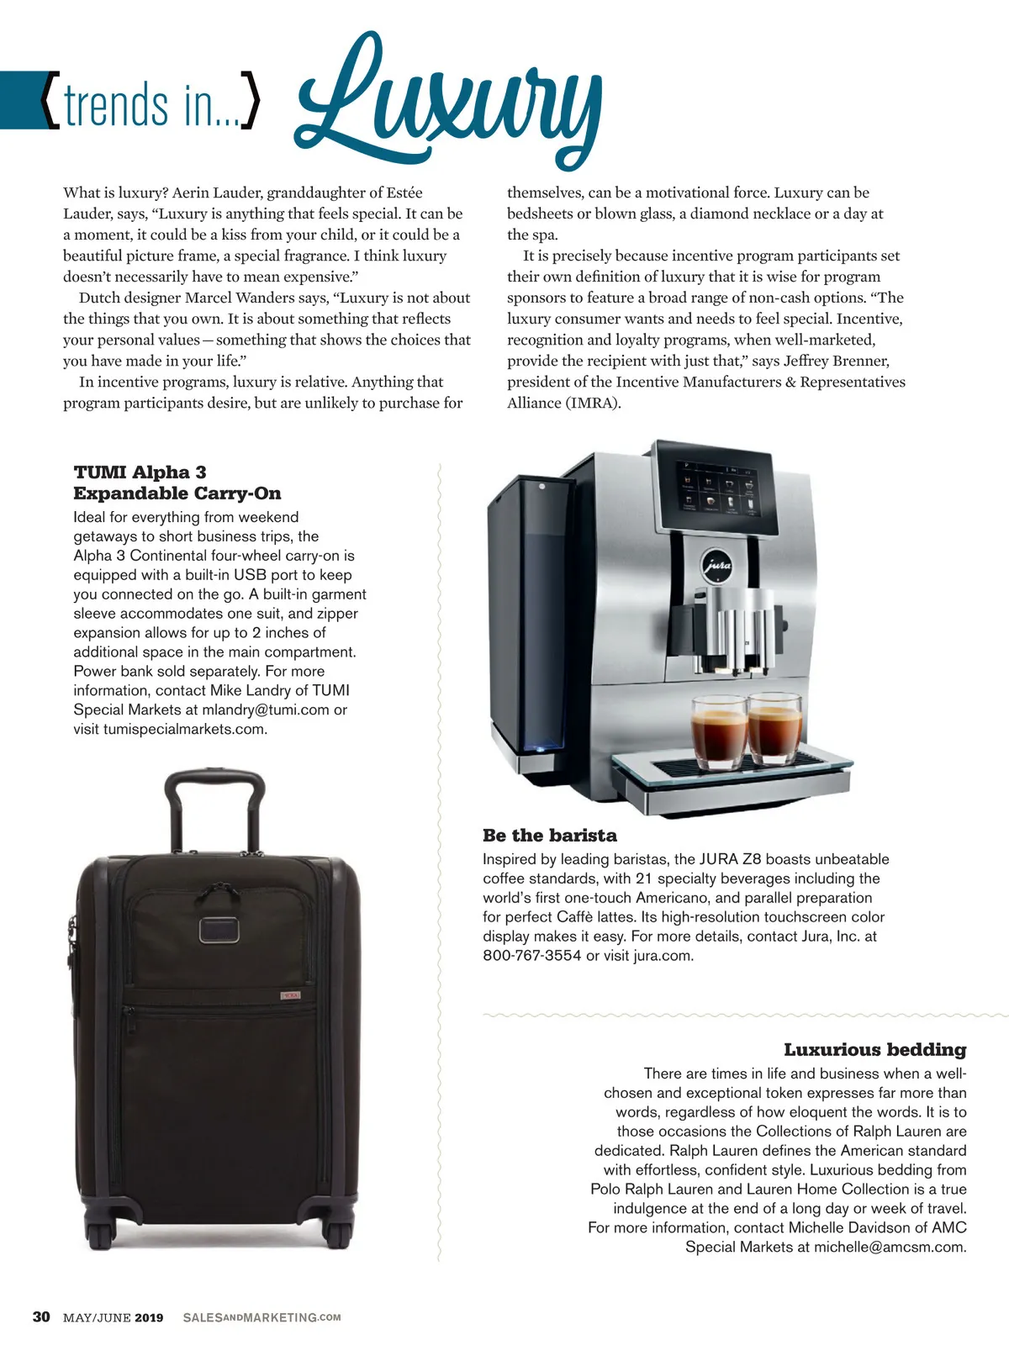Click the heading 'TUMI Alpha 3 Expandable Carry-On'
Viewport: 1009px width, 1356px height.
tap(177, 483)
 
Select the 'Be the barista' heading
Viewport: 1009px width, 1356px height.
tap(550, 836)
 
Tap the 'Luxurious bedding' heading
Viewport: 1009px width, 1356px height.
tap(874, 1049)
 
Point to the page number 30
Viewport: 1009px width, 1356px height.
tap(41, 1316)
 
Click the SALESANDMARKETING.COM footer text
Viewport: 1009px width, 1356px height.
tap(261, 1317)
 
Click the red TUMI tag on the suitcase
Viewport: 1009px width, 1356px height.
tap(289, 996)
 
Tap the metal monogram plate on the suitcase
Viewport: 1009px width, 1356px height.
tap(218, 929)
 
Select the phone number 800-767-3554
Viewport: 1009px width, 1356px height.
tap(531, 956)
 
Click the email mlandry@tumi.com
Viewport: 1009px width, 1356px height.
tap(266, 710)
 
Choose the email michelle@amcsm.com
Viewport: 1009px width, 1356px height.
tap(890, 1247)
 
